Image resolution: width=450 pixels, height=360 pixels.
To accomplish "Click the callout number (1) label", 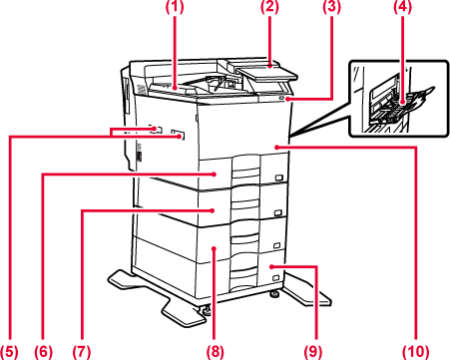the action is (176, 8).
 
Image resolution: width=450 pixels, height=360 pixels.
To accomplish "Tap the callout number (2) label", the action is (269, 8).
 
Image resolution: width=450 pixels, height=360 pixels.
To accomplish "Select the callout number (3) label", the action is (331, 8).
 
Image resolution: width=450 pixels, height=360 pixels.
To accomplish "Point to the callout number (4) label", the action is (402, 8).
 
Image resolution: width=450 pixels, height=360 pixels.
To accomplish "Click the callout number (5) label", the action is (9, 351).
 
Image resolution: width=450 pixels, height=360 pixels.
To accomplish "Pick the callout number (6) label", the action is (43, 351).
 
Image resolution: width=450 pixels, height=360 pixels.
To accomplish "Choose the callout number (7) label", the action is (82, 351).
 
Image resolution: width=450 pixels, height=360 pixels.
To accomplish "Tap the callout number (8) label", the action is (215, 351).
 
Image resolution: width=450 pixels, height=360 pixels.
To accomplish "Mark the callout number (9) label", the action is (313, 351).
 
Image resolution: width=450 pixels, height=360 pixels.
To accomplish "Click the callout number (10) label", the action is (416, 351).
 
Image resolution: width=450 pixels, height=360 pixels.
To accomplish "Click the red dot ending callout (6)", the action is (215, 174).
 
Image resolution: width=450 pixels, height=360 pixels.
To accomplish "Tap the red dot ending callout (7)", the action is (213, 210).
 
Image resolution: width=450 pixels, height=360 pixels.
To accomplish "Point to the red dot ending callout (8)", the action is (215, 248).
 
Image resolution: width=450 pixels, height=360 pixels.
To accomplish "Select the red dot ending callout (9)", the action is (271, 266).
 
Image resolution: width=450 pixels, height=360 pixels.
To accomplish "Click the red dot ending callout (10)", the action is (276, 147).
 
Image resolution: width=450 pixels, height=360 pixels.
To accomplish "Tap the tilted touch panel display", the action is (266, 74).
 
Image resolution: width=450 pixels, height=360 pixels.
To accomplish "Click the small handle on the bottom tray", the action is (275, 277).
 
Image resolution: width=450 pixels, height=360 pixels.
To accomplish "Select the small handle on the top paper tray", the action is (278, 178).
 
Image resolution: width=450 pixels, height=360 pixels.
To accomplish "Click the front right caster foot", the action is (274, 294).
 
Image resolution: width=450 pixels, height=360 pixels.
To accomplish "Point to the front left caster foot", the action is (207, 310).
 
